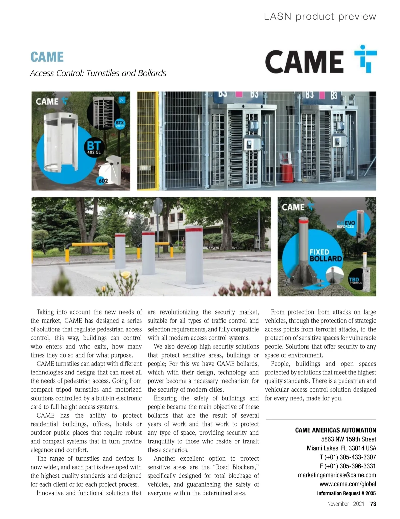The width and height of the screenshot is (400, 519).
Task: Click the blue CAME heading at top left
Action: (47, 57)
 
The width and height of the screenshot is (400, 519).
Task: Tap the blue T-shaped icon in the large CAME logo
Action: (366, 59)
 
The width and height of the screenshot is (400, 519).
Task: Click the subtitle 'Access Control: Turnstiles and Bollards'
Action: (98, 73)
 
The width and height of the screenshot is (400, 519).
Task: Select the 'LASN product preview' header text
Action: (320, 16)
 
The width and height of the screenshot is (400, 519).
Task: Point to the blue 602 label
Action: (103, 181)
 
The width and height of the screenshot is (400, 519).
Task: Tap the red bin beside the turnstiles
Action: (287, 172)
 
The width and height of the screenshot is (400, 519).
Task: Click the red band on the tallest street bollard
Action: (194, 229)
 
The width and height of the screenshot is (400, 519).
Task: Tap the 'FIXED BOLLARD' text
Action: (325, 255)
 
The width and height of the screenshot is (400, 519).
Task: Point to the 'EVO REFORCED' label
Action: (347, 224)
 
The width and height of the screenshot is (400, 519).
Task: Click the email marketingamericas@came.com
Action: (337, 475)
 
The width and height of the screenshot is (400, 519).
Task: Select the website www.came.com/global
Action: (348, 484)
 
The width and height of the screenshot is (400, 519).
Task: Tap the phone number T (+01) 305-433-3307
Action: (348, 457)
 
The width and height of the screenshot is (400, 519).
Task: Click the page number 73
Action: (373, 504)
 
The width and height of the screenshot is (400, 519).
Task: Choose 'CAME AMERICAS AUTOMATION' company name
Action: (335, 430)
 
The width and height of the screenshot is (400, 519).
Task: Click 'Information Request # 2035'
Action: (346, 493)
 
